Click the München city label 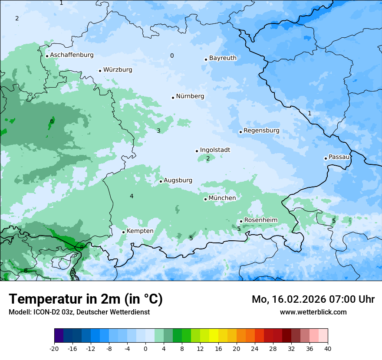222,198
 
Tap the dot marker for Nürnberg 173,98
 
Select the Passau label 339,157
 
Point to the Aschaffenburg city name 72,55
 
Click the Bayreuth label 223,58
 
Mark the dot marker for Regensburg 240,132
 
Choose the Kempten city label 140,231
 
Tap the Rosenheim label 260,220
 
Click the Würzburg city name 118,70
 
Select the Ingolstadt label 215,150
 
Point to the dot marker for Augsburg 161,181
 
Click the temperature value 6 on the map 52,121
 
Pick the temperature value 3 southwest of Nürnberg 158,131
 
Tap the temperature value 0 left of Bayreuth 172,56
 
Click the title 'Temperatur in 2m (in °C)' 86,299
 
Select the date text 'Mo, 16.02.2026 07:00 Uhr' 313,299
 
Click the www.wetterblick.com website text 313,312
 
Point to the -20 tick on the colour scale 54,348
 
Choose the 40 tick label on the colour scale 328,348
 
